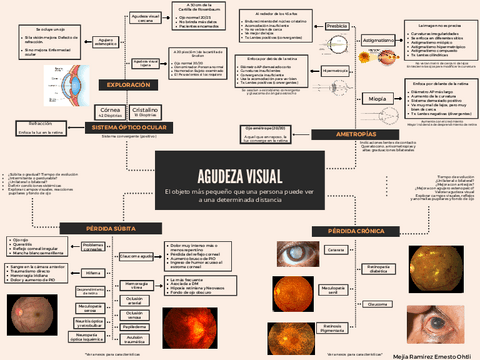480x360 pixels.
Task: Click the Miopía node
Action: click(x=377, y=100)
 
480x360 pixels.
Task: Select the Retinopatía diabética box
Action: click(x=379, y=268)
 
